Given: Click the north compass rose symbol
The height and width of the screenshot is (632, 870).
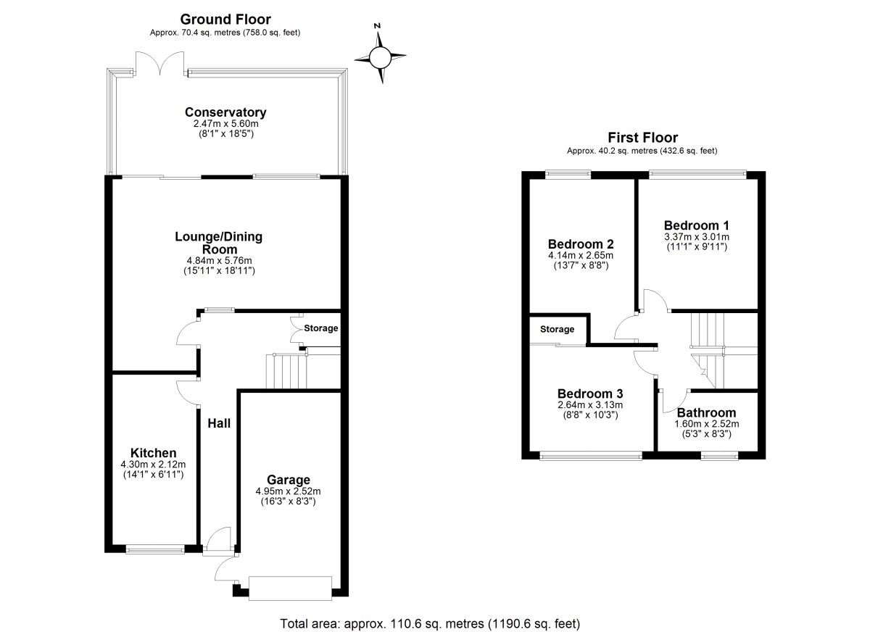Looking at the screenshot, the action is point(379,56).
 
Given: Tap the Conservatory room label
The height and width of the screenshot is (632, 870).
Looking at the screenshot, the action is point(225,112).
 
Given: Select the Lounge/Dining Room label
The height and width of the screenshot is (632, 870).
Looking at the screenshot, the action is point(218,243).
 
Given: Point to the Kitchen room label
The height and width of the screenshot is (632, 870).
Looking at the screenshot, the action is point(153,453).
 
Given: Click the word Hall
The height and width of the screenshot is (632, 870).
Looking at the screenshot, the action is point(219,423).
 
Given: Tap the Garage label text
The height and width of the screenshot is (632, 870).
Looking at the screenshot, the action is point(288,480).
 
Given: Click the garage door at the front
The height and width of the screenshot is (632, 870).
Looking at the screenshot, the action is point(290,588).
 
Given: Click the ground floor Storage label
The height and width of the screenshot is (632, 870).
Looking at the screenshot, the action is point(320,328).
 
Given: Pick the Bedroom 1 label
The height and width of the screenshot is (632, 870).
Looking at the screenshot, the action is point(697,225).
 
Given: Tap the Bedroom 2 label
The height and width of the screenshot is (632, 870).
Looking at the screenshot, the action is point(581,244).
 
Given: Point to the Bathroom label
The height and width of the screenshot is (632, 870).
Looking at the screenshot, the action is point(705,412).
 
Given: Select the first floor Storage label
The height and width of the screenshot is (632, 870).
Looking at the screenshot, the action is point(557,329).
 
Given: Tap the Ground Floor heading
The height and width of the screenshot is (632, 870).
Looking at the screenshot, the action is point(225,20).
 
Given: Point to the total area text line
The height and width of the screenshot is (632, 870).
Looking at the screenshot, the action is point(430,623).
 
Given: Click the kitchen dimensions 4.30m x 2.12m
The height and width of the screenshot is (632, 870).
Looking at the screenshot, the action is point(153,465).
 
